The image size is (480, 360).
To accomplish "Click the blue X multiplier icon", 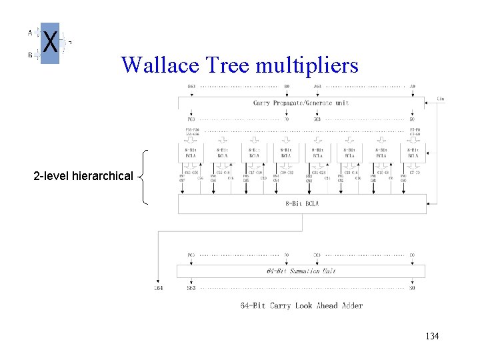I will pyautogui.click(x=50, y=43).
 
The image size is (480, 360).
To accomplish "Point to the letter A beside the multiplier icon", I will pyautogui.click(x=30, y=31).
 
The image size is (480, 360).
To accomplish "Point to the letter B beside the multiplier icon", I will pyautogui.click(x=30, y=55).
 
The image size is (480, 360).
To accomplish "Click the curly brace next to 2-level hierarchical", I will pyautogui.click(x=143, y=177).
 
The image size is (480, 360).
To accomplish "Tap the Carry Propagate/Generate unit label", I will pyautogui.click(x=301, y=103).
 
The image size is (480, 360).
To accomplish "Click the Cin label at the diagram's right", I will pyautogui.click(x=441, y=99).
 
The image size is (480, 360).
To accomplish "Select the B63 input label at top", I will pyautogui.click(x=191, y=86).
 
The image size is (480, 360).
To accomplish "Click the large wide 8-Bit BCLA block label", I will pyautogui.click(x=302, y=203).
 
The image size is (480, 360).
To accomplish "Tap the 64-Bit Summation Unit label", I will pyautogui.click(x=301, y=271).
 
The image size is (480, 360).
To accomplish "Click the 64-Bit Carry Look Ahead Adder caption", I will pyautogui.click(x=301, y=305).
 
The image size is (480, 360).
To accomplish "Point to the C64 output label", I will pyautogui.click(x=158, y=288).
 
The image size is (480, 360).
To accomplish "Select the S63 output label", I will pyautogui.click(x=191, y=288).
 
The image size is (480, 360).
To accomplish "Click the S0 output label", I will pyautogui.click(x=412, y=288).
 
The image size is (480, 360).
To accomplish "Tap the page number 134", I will pyautogui.click(x=432, y=337).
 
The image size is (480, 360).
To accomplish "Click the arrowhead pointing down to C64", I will pyautogui.click(x=158, y=281).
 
